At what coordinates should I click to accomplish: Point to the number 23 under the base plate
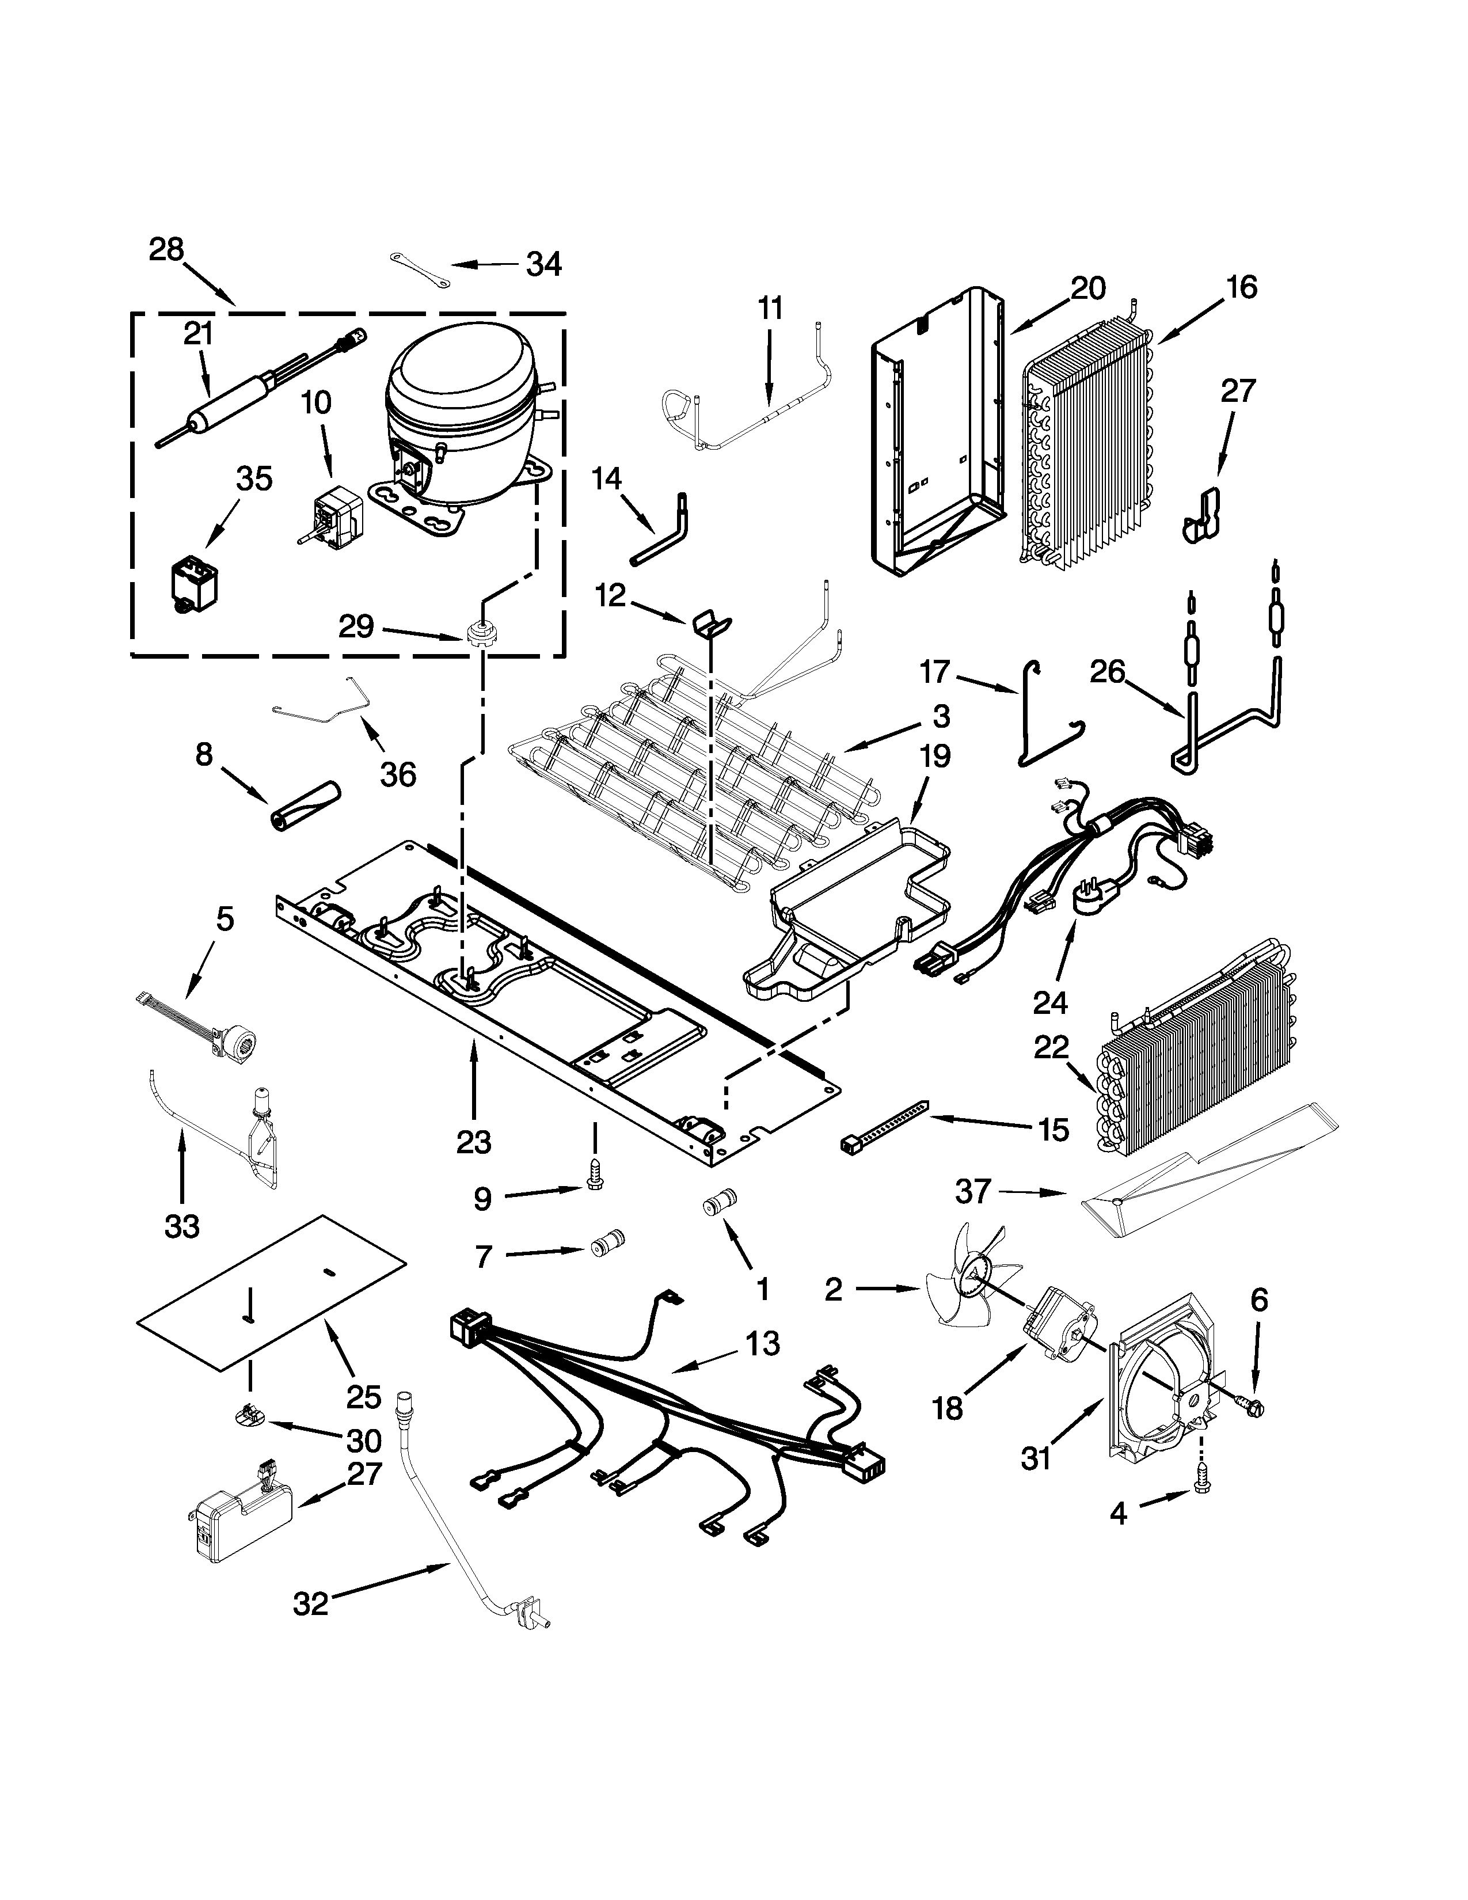point(474,1141)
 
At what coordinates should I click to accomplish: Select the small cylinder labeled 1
point(719,1206)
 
